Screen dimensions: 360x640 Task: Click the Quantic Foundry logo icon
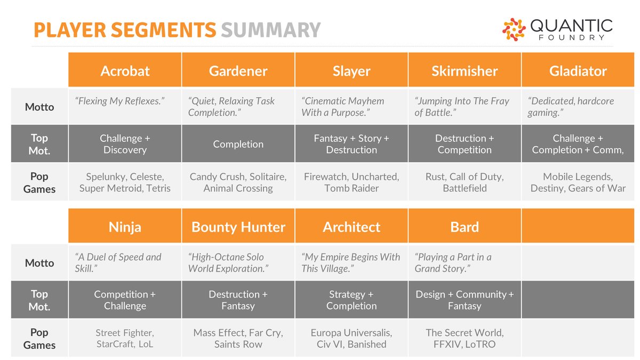pyautogui.click(x=514, y=29)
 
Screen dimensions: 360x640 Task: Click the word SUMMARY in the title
pyautogui.click(x=270, y=30)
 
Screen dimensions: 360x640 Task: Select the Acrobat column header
pyautogui.click(x=125, y=71)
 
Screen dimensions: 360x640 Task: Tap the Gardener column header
pyautogui.click(x=238, y=71)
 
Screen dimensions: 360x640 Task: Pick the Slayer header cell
pyautogui.click(x=351, y=71)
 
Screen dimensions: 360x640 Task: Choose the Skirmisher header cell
pyautogui.click(x=465, y=71)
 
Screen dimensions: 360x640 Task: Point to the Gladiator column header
pyautogui.click(x=578, y=71)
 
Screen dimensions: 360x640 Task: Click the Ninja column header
pyautogui.click(x=125, y=227)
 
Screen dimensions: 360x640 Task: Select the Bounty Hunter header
pyautogui.click(x=238, y=227)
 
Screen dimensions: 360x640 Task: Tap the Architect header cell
pyautogui.click(x=351, y=227)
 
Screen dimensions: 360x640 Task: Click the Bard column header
pyautogui.click(x=465, y=227)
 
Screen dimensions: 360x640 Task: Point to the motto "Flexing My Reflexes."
pyautogui.click(x=119, y=101)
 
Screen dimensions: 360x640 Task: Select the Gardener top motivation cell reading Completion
pyautogui.click(x=238, y=144)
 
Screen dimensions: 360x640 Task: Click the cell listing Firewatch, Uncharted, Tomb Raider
pyautogui.click(x=351, y=182)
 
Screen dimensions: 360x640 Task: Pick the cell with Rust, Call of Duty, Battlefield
pyautogui.click(x=465, y=182)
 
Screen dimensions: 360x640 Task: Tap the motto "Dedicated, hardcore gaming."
pyautogui.click(x=571, y=107)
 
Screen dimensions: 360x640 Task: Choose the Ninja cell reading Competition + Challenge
pyautogui.click(x=125, y=300)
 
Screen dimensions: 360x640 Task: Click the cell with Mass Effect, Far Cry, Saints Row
pyautogui.click(x=238, y=339)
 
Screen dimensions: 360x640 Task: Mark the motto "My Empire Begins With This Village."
pyautogui.click(x=350, y=263)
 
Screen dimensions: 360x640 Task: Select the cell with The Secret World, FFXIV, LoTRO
pyautogui.click(x=465, y=339)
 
